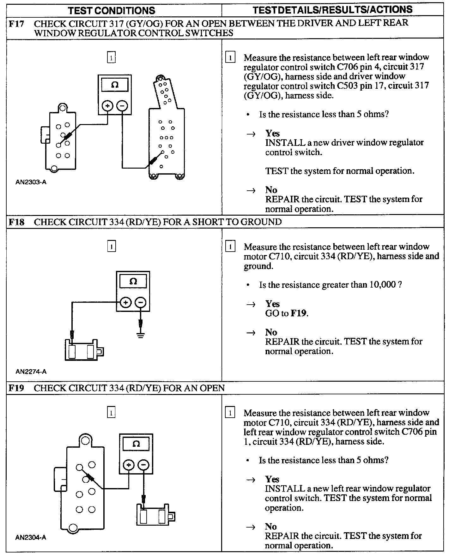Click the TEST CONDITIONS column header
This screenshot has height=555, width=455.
pyautogui.click(x=112, y=10)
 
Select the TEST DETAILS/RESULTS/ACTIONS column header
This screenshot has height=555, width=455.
pyautogui.click(x=333, y=10)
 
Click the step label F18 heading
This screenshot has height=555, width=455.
pyautogui.click(x=16, y=222)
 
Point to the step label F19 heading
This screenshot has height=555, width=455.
pyautogui.click(x=16, y=388)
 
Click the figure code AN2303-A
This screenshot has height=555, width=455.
pyautogui.click(x=31, y=182)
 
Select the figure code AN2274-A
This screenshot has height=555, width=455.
pyautogui.click(x=31, y=372)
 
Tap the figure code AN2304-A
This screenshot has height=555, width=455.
pyautogui.click(x=31, y=537)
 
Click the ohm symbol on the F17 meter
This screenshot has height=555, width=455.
pyautogui.click(x=115, y=85)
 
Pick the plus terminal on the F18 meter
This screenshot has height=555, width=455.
pyautogui.click(x=126, y=302)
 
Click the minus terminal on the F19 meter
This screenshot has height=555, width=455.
pyautogui.click(x=143, y=465)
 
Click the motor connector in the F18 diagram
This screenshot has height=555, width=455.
pyautogui.click(x=84, y=350)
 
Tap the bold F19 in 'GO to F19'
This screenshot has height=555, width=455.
pyautogui.click(x=299, y=313)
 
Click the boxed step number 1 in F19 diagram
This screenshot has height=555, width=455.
pyautogui.click(x=111, y=413)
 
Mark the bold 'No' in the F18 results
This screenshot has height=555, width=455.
pyautogui.click(x=271, y=332)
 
